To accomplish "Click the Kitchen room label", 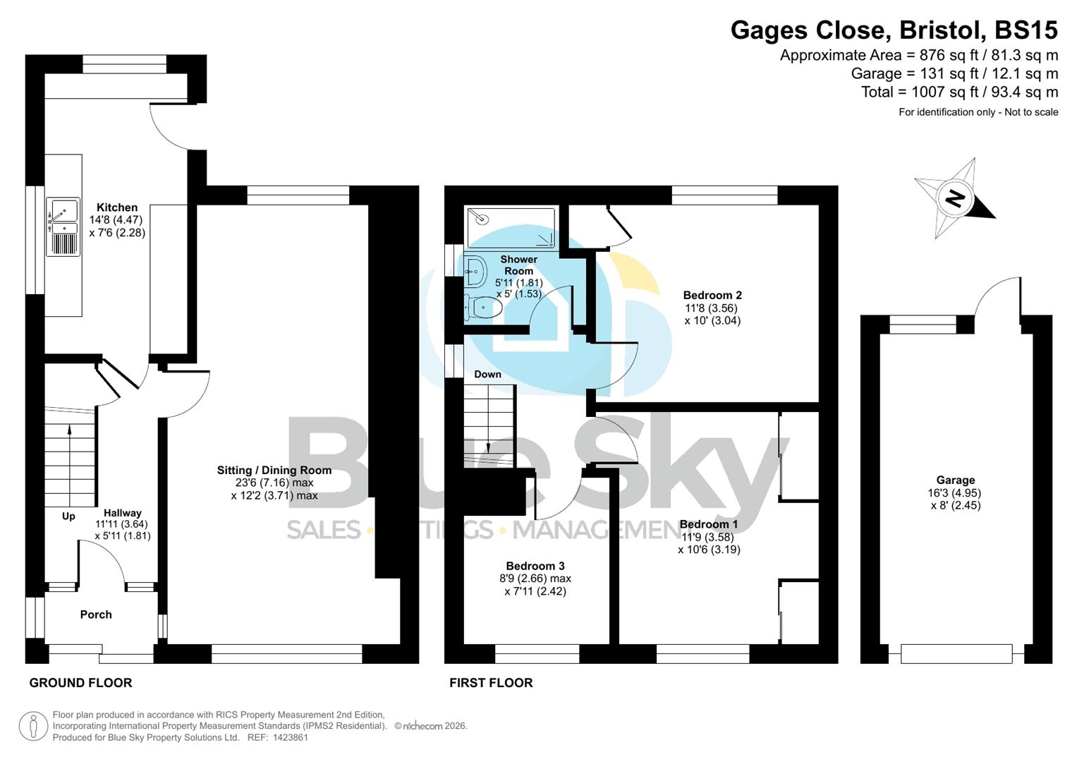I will coord(117,207).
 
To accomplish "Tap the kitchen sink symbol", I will coord(63,217).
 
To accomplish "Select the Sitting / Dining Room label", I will coord(274,471).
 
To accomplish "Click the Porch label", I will coord(96,615).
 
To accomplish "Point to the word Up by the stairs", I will coord(68,516).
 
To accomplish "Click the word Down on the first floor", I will coord(487,374).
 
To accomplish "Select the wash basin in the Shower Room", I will coord(475,271).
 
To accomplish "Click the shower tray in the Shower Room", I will coord(511,227).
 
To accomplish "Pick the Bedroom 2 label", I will coord(712,296).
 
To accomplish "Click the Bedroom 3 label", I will coord(535,566).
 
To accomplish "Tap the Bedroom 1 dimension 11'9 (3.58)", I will coord(709,537).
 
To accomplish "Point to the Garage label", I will coord(955,480).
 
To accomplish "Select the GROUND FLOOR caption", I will coord(80,683).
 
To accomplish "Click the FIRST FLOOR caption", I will coord(491,683).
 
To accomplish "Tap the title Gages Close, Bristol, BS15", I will coord(894,30).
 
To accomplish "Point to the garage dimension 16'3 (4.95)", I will coord(955,493).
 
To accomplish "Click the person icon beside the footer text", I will coord(33,726).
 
